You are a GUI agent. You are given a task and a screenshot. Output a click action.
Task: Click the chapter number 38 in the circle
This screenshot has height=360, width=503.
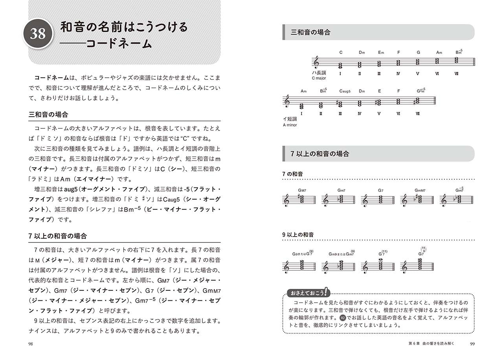38,34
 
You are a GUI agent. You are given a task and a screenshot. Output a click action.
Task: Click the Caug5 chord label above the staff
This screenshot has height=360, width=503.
345,91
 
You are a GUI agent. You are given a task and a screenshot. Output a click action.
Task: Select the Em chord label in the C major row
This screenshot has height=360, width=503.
381,52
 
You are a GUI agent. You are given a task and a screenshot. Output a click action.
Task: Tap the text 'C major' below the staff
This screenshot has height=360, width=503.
319,78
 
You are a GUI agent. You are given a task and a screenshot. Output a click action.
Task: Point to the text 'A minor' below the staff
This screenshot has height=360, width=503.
290,125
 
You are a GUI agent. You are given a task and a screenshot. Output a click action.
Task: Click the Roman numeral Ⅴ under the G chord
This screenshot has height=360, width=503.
417,73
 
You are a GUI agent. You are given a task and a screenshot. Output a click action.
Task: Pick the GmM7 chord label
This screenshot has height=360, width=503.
420,191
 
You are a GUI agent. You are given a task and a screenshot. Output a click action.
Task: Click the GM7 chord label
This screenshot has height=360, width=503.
302,191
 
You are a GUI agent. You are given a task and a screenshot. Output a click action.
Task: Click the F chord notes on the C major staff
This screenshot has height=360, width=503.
398,62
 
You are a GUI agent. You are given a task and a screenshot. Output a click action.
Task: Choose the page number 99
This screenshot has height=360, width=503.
472,344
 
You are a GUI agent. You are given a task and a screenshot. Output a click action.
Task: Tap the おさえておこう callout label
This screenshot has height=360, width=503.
308,293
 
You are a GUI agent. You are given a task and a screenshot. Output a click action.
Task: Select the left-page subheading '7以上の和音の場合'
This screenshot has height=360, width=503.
58,236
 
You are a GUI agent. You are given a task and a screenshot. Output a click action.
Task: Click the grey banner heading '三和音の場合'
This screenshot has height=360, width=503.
310,32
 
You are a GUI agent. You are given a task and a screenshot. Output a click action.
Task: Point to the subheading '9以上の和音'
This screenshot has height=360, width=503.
298,235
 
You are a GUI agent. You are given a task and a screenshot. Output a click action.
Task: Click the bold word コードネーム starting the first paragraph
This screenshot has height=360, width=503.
52,78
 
